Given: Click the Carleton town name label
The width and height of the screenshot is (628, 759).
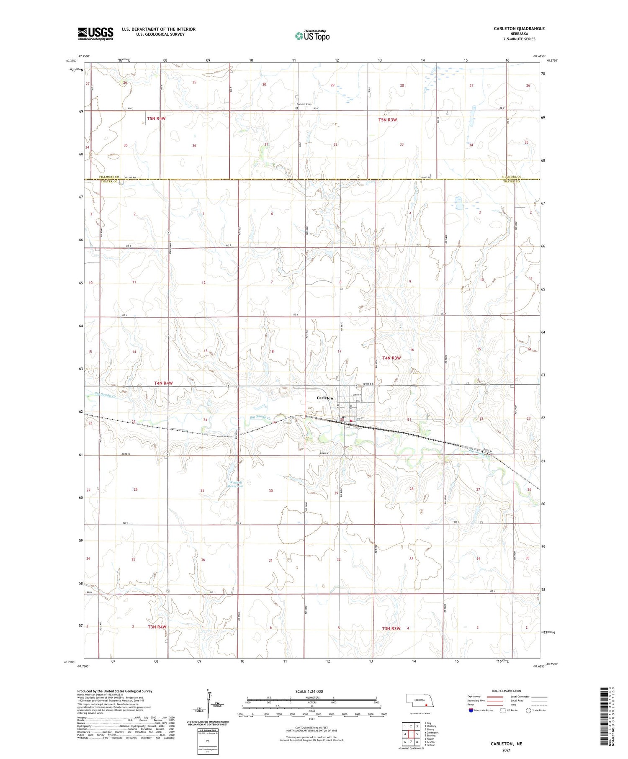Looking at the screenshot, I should point(324,398).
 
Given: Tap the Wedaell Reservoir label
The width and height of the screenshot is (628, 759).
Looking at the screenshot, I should point(236,484).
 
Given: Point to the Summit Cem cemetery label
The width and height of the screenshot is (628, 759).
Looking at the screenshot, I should point(304,104).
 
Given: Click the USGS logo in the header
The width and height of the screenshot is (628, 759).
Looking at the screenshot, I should point(95,33).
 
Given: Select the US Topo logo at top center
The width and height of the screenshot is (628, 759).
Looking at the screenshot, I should point(312,36).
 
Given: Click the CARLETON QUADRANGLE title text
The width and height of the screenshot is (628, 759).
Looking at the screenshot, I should point(519,28).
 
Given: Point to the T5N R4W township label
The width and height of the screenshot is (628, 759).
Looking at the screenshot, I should point(156,118).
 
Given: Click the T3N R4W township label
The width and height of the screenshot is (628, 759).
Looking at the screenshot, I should point(157,627).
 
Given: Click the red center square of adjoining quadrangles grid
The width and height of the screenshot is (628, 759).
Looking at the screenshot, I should point(410,734).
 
